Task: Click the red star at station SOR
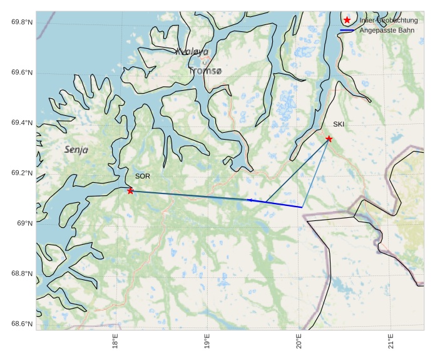(130, 190)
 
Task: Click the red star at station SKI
(329, 138)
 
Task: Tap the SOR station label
(142, 177)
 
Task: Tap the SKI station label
(339, 124)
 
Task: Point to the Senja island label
(76, 150)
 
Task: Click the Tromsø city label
(205, 71)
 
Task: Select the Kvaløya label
(192, 52)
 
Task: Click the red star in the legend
(347, 20)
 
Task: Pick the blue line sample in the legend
(347, 30)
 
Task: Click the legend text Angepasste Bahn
(387, 30)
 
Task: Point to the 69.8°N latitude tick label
(22, 23)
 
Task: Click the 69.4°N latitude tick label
(22, 123)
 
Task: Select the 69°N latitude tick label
(25, 224)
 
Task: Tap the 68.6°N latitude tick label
(22, 324)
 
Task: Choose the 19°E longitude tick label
(207, 344)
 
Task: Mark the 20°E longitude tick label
(299, 344)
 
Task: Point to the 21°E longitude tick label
(391, 344)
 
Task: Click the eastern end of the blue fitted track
(302, 207)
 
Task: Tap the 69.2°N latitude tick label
(22, 173)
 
